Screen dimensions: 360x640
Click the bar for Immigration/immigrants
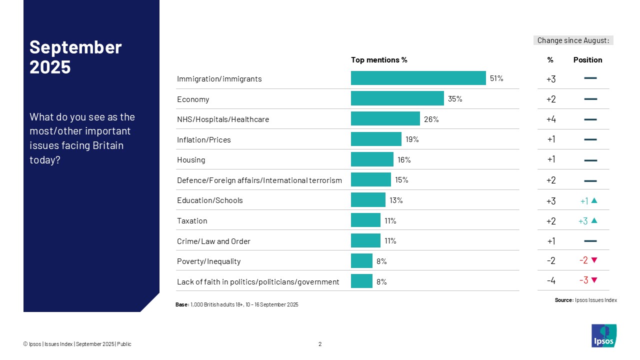pyautogui.click(x=418, y=78)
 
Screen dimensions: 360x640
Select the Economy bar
pyautogui.click(x=397, y=98)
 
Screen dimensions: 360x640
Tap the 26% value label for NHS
pyautogui.click(x=431, y=119)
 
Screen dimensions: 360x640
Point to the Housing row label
pyautogui.click(x=191, y=160)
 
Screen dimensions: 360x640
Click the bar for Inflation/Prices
pyautogui.click(x=376, y=139)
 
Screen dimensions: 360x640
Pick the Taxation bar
pyautogui.click(x=365, y=220)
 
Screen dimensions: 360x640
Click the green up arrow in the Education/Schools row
pyautogui.click(x=594, y=200)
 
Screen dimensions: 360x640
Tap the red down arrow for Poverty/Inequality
pyautogui.click(x=594, y=260)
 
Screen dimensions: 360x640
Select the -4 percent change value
pyautogui.click(x=550, y=281)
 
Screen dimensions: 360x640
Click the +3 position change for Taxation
pyautogui.click(x=583, y=221)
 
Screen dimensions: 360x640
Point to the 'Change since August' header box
pyautogui.click(x=573, y=40)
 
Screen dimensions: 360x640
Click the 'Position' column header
pyautogui.click(x=587, y=60)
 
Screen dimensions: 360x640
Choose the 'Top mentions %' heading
pyautogui.click(x=379, y=60)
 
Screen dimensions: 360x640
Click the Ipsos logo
pyautogui.click(x=604, y=335)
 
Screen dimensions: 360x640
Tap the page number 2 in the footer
pyautogui.click(x=320, y=344)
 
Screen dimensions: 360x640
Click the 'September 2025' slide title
pyautogui.click(x=76, y=56)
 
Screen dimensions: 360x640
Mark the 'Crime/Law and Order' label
pyautogui.click(x=213, y=241)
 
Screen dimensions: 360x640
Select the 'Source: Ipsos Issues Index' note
pyautogui.click(x=585, y=300)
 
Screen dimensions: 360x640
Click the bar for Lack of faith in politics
pyautogui.click(x=361, y=281)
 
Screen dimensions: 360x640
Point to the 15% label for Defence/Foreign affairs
pyautogui.click(x=401, y=180)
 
